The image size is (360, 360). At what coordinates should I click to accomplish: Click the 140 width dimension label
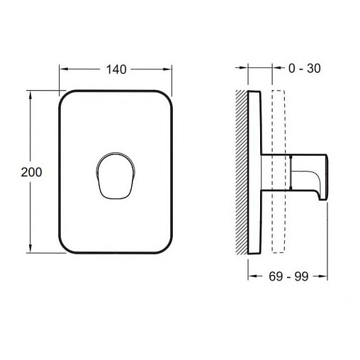116,69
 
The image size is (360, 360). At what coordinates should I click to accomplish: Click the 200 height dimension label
31,172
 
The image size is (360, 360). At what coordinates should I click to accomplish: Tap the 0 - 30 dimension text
305,69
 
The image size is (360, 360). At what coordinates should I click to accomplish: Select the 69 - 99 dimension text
288,276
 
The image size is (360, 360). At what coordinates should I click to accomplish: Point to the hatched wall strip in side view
242,172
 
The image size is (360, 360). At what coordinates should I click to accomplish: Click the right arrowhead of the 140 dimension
167,69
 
